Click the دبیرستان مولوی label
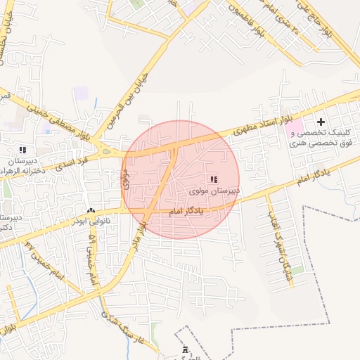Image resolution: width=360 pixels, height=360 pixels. [215, 191]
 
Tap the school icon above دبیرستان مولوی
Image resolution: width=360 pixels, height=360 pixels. [214, 180]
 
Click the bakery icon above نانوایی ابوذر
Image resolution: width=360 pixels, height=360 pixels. [91, 210]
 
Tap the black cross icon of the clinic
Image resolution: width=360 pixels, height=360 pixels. [321, 122]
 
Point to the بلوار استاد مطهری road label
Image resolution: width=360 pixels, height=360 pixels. [253, 129]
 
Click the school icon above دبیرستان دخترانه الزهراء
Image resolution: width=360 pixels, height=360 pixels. [23, 150]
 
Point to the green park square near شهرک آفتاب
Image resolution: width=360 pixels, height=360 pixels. [298, 270]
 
